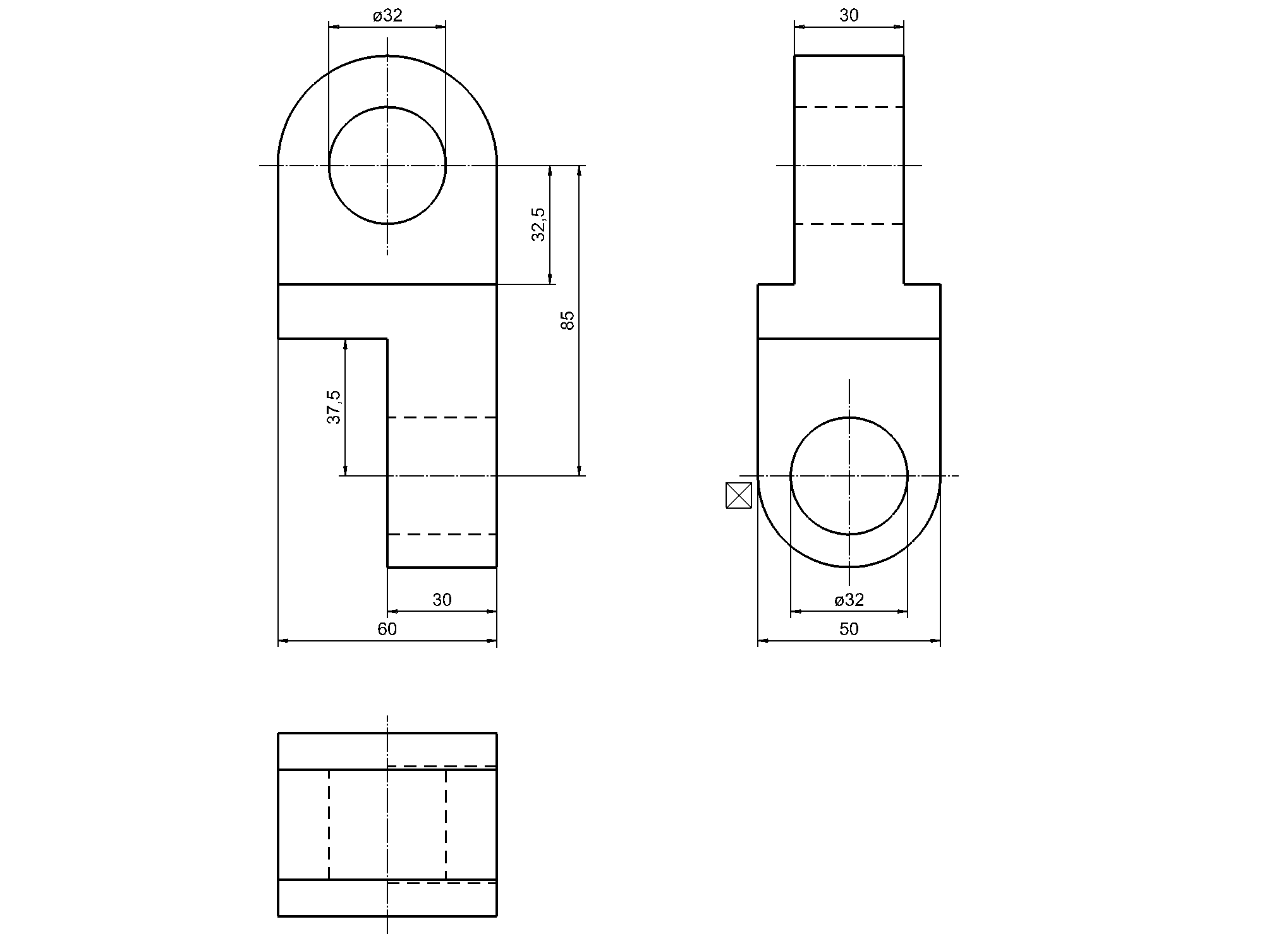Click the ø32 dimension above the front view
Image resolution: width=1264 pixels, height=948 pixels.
pyautogui.click(x=387, y=16)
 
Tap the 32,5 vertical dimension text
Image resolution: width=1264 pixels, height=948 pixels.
pyautogui.click(x=538, y=224)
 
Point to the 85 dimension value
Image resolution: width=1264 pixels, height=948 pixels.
pyautogui.click(x=568, y=320)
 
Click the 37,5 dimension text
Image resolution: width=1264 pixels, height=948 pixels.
pyautogui.click(x=334, y=406)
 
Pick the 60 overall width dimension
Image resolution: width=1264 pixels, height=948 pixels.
pyautogui.click(x=387, y=629)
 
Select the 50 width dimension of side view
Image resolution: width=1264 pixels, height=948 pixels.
pyautogui.click(x=849, y=629)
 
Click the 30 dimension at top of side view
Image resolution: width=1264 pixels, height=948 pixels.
pyautogui.click(x=849, y=16)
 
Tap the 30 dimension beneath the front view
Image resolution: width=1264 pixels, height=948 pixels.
pyautogui.click(x=442, y=600)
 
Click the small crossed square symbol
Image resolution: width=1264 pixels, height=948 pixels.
pyautogui.click(x=738, y=495)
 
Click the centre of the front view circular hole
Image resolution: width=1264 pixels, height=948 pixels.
pyautogui.click(x=387, y=166)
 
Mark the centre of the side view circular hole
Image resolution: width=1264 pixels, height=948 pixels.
pyautogui.click(x=849, y=476)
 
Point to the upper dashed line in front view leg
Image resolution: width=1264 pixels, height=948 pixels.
pyautogui.click(x=442, y=418)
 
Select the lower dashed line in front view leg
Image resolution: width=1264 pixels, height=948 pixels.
pyautogui.click(x=442, y=535)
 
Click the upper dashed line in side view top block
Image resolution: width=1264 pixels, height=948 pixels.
pyautogui.click(x=849, y=107)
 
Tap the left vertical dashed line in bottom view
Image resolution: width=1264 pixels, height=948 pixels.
pyautogui.click(x=329, y=824)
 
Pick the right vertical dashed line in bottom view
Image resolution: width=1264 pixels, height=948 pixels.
pyautogui.click(x=446, y=824)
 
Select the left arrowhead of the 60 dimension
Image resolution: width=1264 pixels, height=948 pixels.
pyautogui.click(x=283, y=641)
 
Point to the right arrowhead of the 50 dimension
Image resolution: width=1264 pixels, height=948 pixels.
pyautogui.click(x=936, y=641)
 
